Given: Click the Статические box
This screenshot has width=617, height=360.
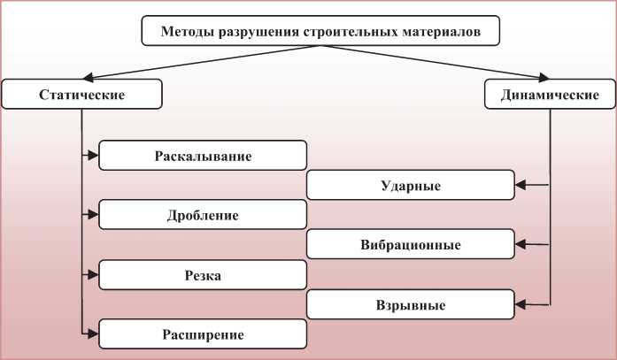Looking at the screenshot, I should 81,95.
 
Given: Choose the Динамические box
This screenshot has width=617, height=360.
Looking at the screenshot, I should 549,95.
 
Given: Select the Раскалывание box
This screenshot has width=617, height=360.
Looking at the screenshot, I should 203,156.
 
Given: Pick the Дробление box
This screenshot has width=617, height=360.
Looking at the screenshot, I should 203,215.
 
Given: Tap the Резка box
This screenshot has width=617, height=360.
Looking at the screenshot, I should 203,275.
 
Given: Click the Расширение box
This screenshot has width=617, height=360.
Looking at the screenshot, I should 203,333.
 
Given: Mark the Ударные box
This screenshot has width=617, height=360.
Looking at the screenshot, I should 411,186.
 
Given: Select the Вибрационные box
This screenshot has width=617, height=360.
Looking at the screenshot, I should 411,244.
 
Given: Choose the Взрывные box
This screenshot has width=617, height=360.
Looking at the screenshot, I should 411,304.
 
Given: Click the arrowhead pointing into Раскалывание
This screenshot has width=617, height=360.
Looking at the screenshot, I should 93,156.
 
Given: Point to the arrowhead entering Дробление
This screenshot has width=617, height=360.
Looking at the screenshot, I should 93,215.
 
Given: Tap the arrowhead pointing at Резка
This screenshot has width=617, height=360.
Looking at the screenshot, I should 93,275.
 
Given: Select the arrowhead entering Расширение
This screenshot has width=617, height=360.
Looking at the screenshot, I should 93,333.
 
